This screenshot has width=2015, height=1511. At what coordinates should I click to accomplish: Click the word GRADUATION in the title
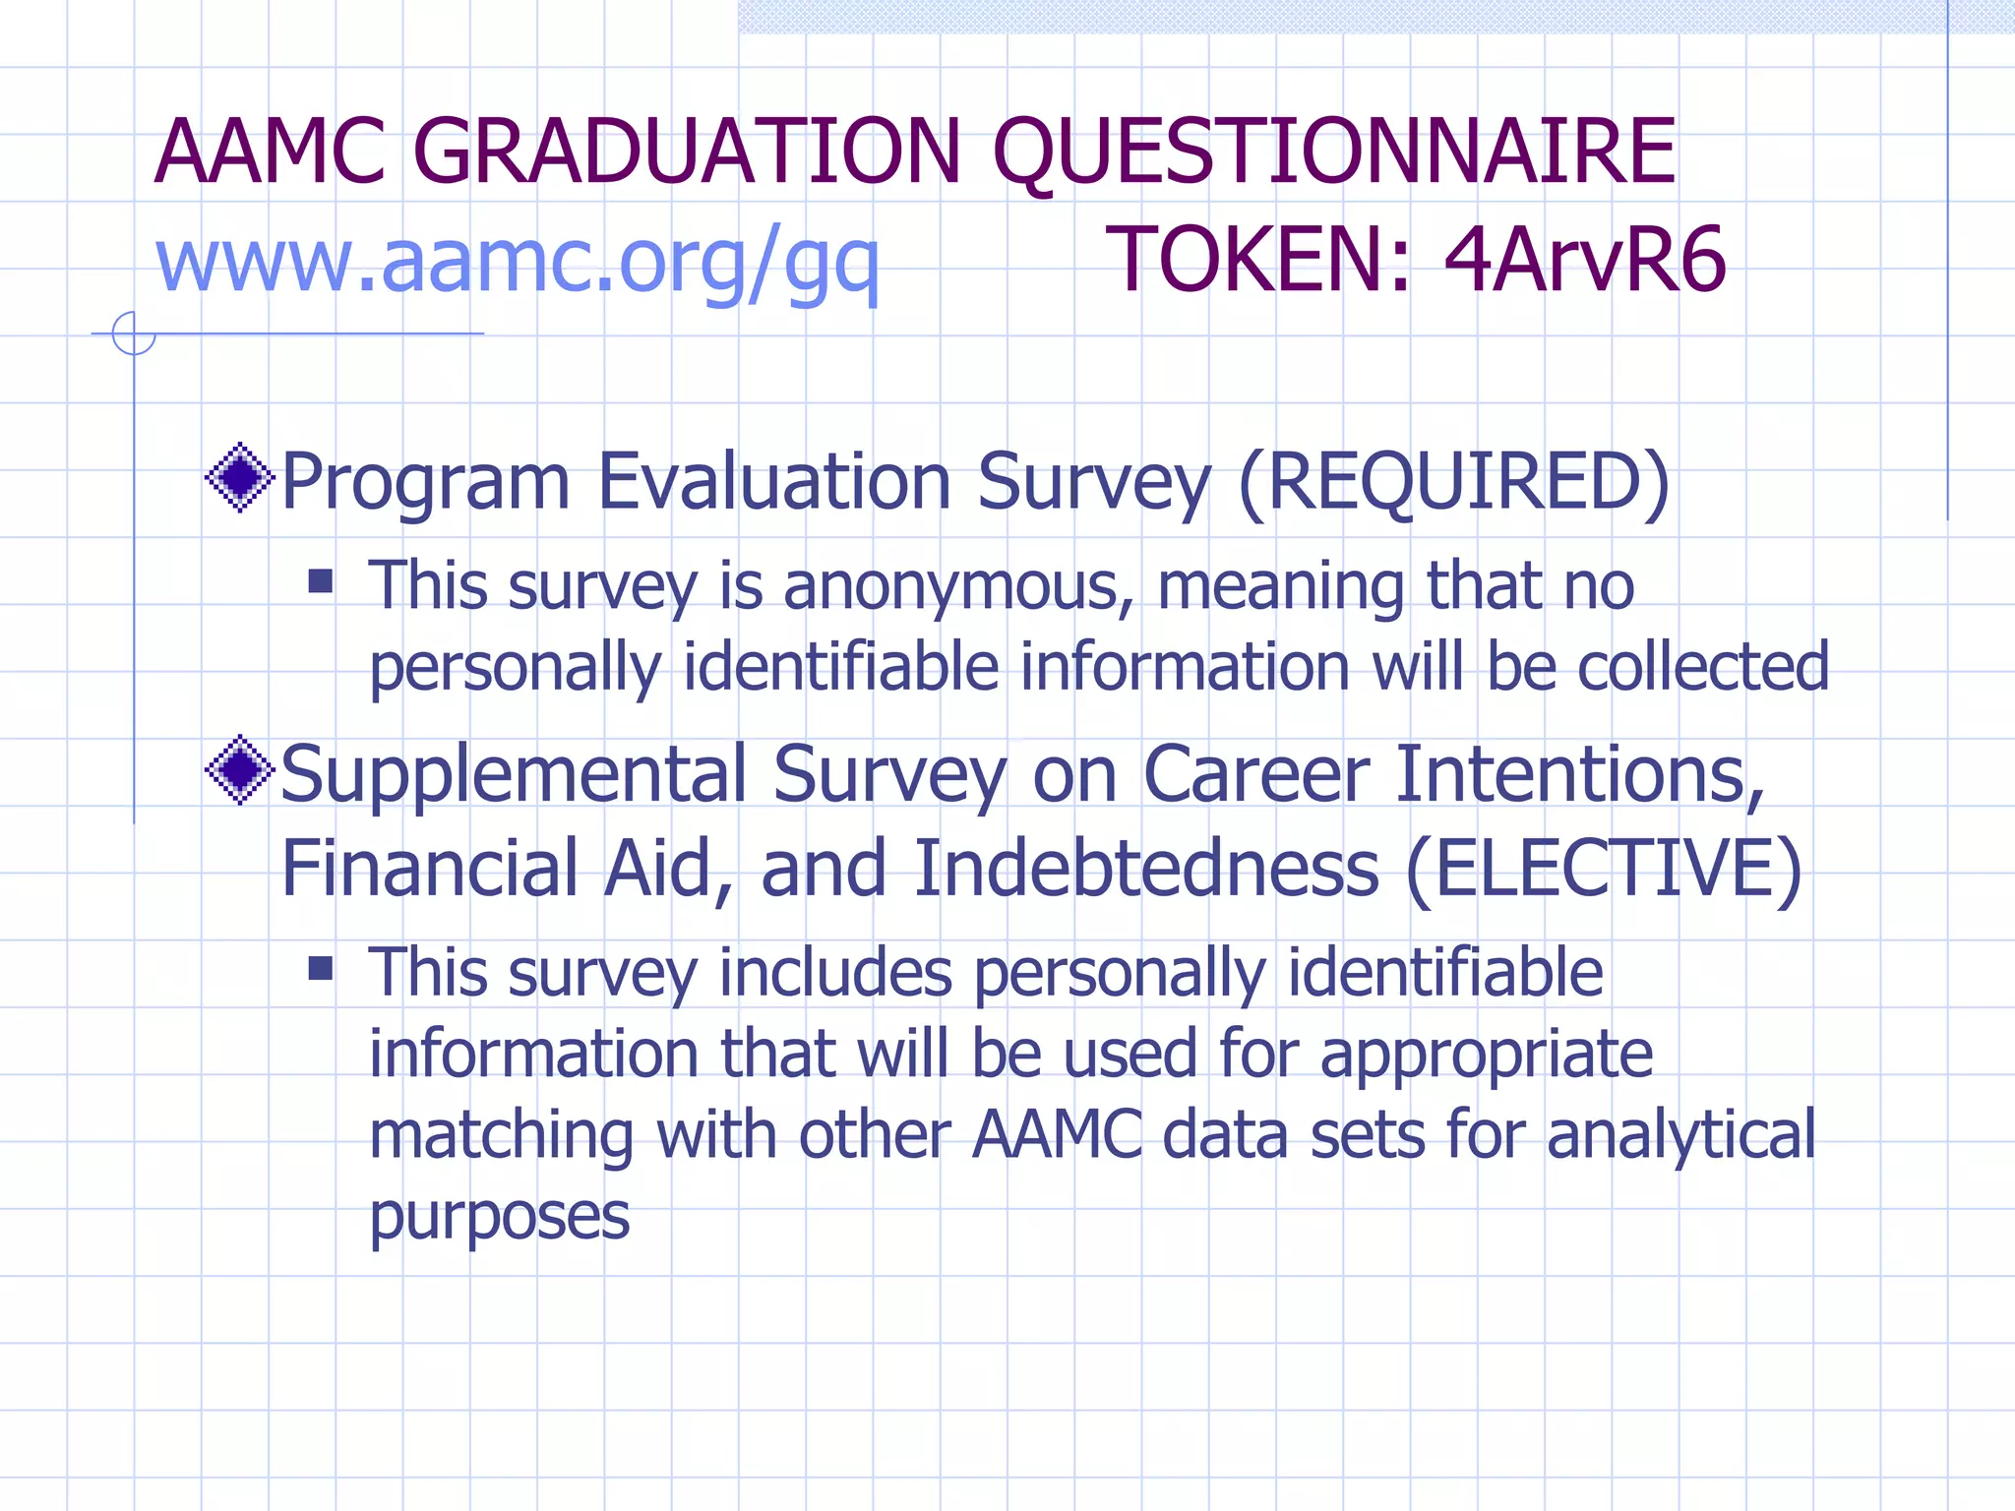(686, 152)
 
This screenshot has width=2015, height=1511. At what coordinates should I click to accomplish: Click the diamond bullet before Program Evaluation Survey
(239, 478)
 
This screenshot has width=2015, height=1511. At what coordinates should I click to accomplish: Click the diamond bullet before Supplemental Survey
(239, 770)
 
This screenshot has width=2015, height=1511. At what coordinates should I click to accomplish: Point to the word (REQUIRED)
(1453, 482)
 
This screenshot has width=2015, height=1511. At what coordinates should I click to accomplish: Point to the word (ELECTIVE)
(1604, 870)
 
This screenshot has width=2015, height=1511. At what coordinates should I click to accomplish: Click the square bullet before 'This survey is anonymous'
(321, 581)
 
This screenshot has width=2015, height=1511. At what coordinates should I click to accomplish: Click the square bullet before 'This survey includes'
(321, 969)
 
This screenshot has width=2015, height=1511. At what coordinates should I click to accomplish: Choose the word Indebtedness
(1146, 870)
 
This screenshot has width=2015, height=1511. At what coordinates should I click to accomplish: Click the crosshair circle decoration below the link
(134, 333)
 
